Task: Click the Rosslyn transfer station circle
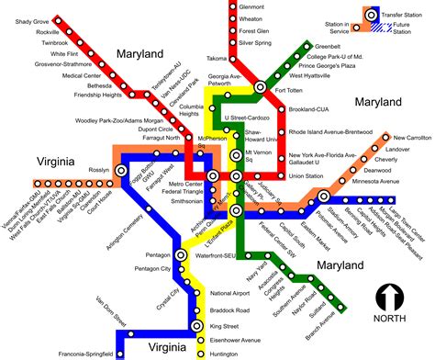(x=120, y=171)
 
